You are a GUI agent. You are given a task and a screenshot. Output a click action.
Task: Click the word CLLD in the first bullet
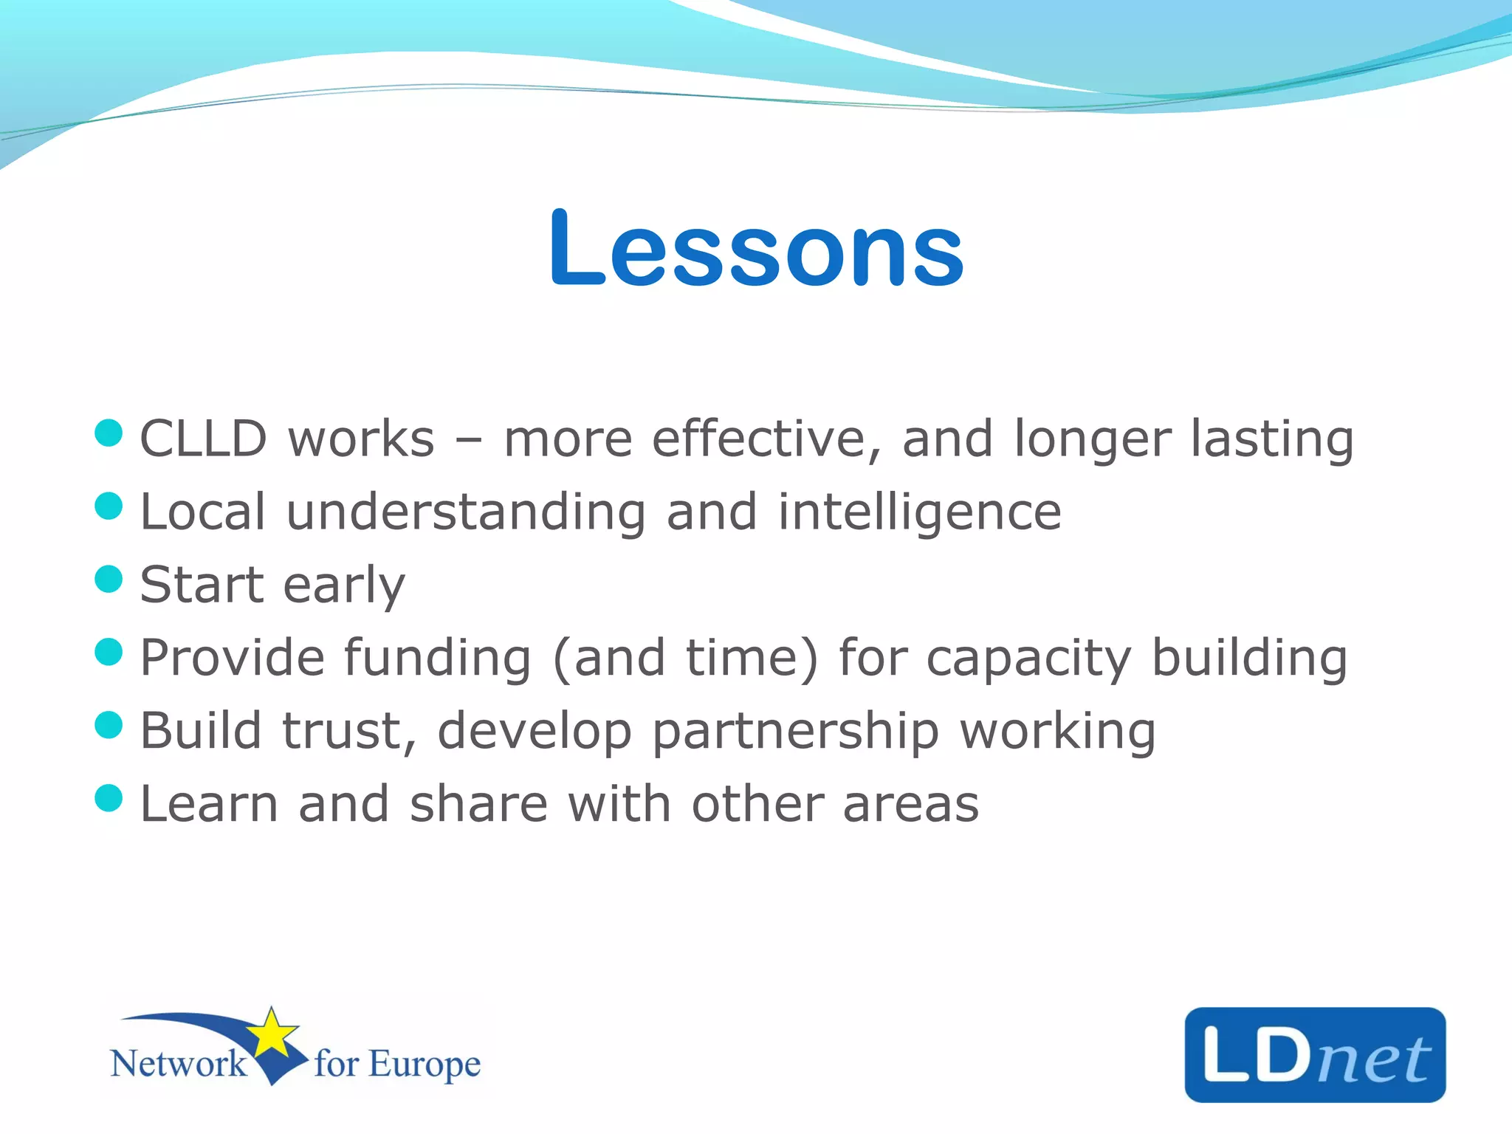pyautogui.click(x=203, y=439)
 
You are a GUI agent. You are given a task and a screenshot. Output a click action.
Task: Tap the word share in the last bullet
pyautogui.click(x=478, y=804)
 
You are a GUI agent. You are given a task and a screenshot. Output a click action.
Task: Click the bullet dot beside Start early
pyautogui.click(x=109, y=580)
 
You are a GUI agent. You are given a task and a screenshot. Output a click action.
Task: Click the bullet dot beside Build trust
pyautogui.click(x=109, y=725)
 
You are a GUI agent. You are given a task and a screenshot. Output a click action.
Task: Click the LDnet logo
pyautogui.click(x=1314, y=1055)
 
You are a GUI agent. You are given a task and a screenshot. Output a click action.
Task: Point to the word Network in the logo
pyautogui.click(x=178, y=1064)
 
